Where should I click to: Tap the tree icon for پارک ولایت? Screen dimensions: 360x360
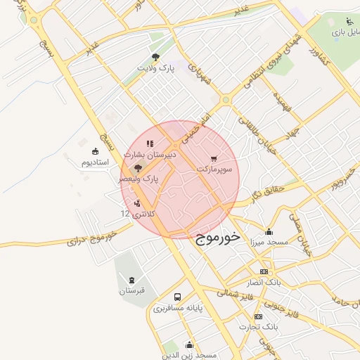point(155,58)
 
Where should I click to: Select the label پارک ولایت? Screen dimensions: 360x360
point(155,70)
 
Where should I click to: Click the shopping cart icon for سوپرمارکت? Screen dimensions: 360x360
point(213,158)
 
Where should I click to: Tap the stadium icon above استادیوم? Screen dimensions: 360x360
point(96,151)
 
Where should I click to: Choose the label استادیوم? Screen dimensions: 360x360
point(96,162)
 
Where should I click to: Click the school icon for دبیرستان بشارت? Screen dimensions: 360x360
point(149,143)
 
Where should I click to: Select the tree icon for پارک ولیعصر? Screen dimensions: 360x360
point(137,168)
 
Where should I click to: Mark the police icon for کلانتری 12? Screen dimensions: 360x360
point(136,203)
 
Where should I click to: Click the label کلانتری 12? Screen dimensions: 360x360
point(137,213)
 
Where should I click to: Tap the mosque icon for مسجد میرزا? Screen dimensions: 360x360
point(269,231)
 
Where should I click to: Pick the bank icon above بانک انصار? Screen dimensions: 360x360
point(264,271)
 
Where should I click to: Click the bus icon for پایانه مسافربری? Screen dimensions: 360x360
point(177,297)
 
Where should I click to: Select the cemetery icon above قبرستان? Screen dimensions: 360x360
point(131,280)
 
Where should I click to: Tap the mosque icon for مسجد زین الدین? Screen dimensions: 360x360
point(189,345)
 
